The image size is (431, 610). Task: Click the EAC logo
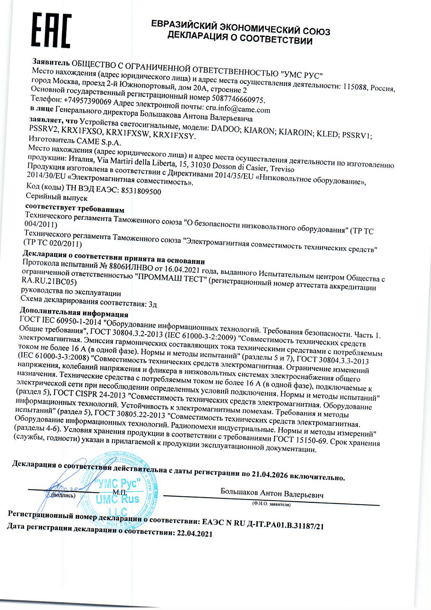tap(51, 31)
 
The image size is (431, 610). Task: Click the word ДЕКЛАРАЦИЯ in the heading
tap(198, 35)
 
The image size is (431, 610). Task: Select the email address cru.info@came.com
tap(238, 109)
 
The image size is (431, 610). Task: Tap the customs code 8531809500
tap(141, 191)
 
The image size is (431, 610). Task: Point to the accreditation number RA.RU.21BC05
tap(49, 281)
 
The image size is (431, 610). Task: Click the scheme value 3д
tap(152, 304)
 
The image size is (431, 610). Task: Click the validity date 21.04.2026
tap(269, 474)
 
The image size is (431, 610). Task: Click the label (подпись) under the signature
tap(63, 495)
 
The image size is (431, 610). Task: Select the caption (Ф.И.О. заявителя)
tap(271, 504)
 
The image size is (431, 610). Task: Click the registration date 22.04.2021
tap(194, 534)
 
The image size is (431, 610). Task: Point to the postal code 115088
tap(355, 87)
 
